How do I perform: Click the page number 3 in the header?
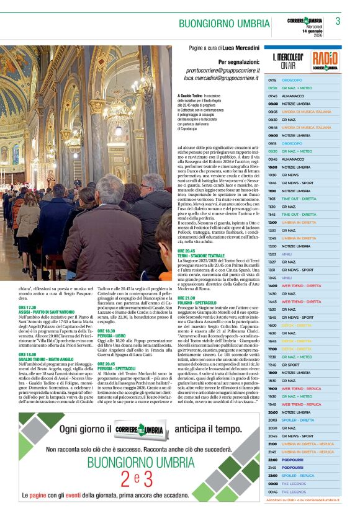338,21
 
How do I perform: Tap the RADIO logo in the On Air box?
325,61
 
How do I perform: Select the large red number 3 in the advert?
148,478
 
